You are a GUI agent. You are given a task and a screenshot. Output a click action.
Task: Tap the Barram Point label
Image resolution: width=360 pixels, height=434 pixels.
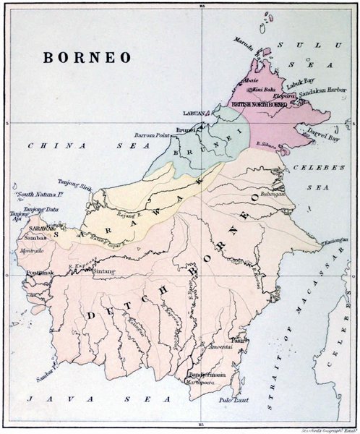[x=150, y=135]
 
